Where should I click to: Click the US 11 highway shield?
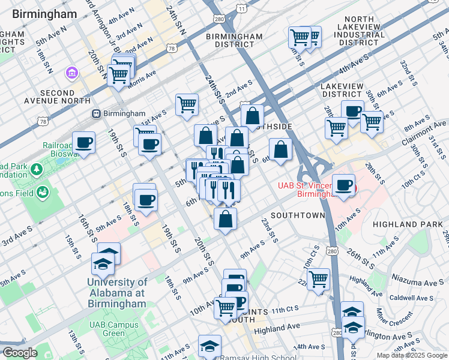click(241, 8)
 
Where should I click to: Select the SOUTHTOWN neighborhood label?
click(297, 215)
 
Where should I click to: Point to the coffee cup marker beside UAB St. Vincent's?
click(343, 185)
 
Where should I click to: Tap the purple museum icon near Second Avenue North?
click(73, 73)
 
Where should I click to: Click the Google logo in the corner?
click(19, 353)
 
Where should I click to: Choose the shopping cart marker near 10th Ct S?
click(318, 278)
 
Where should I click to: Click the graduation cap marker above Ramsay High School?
click(210, 346)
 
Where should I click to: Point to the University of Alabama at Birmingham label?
click(116, 293)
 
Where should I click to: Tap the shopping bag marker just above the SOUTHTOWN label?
click(225, 218)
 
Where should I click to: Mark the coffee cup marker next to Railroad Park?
click(84, 143)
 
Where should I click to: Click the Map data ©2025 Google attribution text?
click(412, 355)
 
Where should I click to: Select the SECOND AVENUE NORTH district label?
click(56, 97)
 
